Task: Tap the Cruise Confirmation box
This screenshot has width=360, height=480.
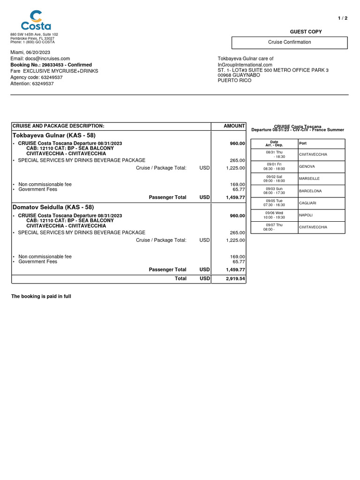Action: click(x=289, y=42)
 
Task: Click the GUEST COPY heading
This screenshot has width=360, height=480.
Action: click(x=306, y=32)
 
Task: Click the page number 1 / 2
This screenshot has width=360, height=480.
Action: click(x=343, y=18)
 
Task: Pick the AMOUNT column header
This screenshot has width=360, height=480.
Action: click(x=234, y=126)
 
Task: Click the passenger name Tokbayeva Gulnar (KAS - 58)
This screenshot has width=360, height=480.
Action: click(x=54, y=135)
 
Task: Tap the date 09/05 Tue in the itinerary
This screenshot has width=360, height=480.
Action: click(x=274, y=201)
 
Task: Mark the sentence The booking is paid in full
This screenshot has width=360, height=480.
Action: click(x=41, y=297)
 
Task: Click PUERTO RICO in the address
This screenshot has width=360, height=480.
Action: click(x=234, y=80)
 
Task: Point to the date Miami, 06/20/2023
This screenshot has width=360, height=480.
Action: click(x=30, y=52)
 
